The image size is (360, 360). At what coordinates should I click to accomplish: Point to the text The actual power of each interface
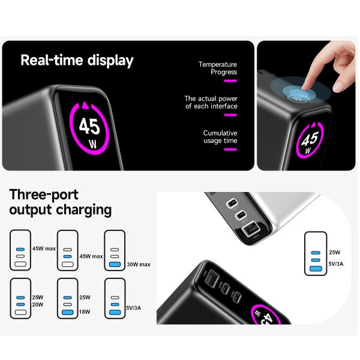211,102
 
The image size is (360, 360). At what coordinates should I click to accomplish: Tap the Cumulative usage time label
220,137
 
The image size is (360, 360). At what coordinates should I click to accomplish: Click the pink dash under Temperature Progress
230,80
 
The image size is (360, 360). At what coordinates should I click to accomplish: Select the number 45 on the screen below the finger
311,139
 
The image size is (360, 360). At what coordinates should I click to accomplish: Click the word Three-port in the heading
44,194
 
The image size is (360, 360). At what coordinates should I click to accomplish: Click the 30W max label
139,264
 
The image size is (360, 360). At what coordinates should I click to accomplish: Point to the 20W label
38,305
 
